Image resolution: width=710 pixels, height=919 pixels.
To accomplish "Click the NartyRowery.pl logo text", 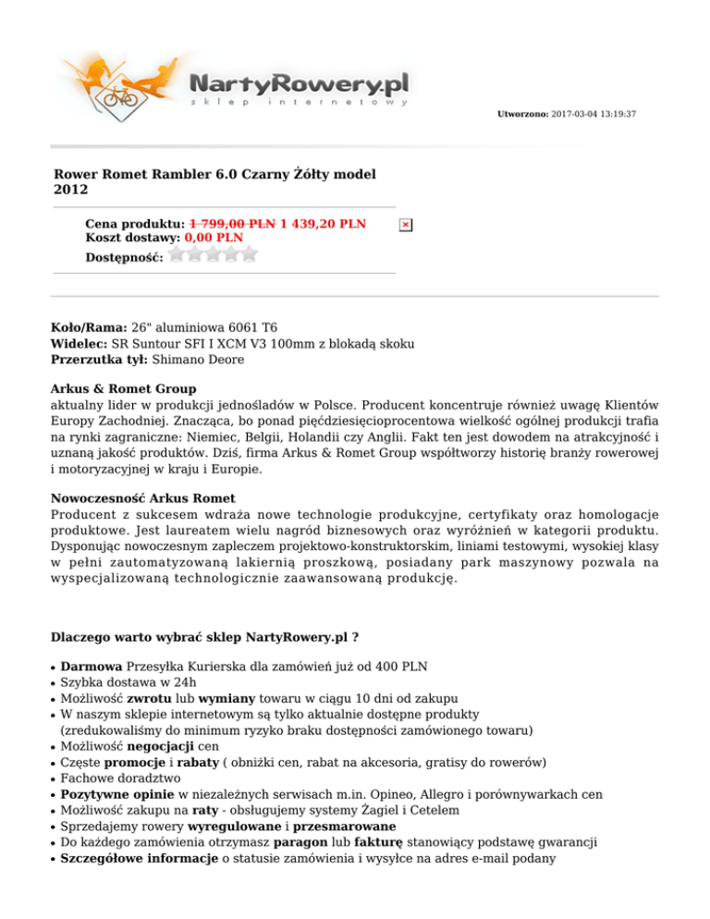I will [299, 84].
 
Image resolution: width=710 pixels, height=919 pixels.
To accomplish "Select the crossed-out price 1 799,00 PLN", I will [232, 224].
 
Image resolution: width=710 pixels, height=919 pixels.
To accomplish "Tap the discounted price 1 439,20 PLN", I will [323, 224].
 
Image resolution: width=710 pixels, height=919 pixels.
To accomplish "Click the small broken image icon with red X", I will [405, 225].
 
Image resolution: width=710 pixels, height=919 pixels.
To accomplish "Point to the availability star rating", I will [214, 254].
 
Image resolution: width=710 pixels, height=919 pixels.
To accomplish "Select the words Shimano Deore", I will [198, 359].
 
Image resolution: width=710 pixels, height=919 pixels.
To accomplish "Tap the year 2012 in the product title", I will [72, 190].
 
